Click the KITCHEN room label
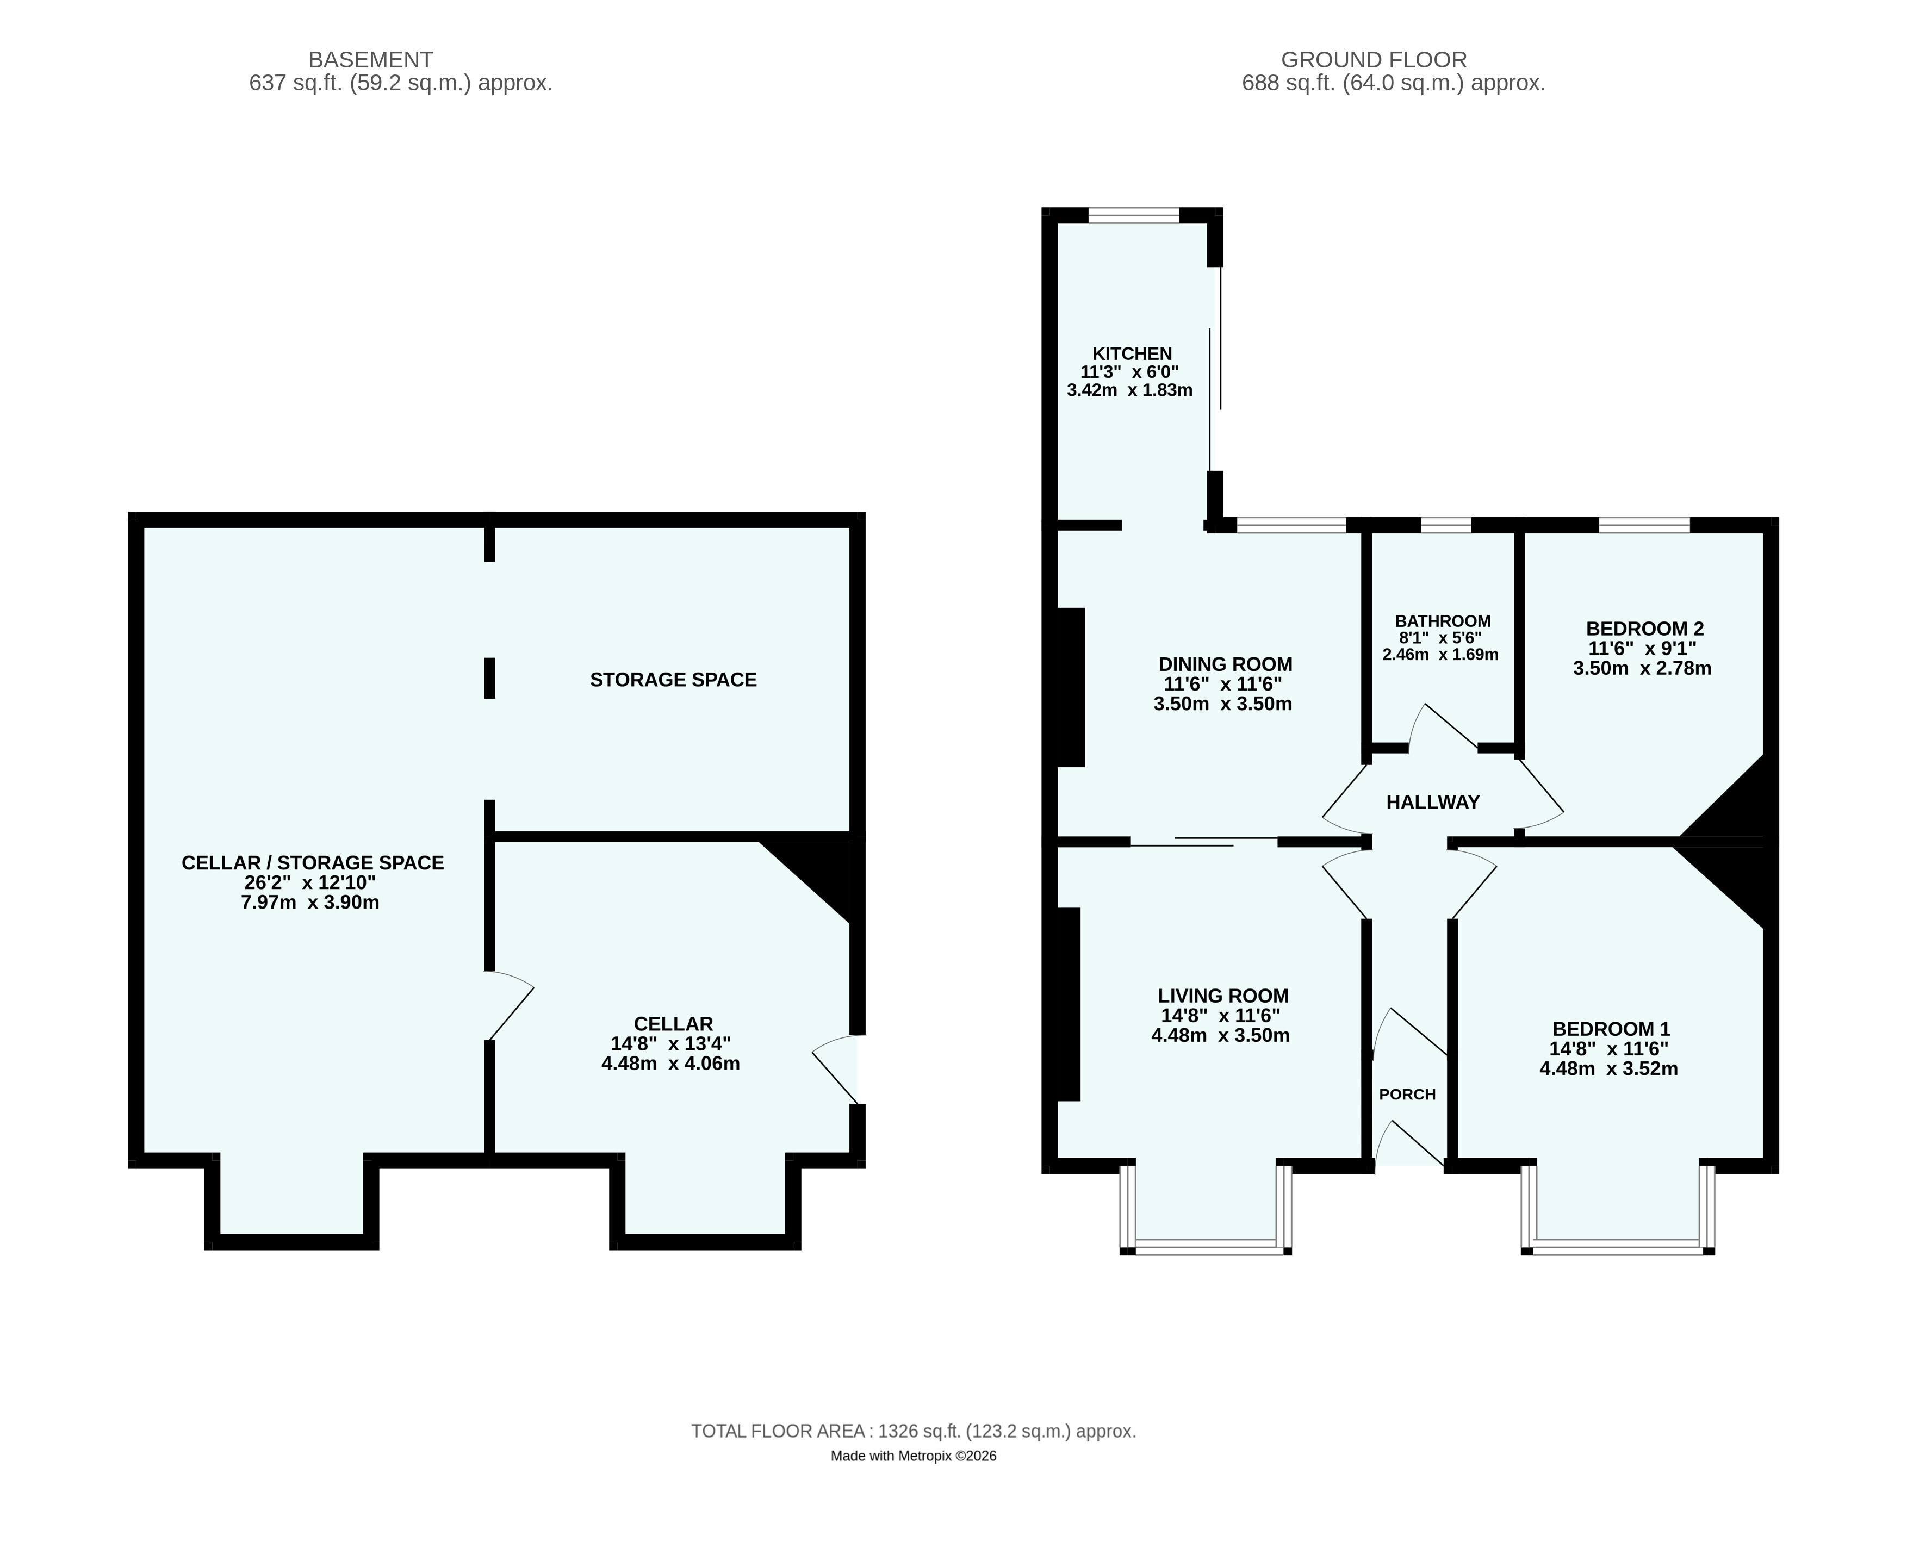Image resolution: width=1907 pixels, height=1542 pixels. click(x=1132, y=353)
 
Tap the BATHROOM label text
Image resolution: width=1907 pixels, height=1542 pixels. click(x=1443, y=621)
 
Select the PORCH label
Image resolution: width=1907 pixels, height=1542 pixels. click(x=1407, y=1095)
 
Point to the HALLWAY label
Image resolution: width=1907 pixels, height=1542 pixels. click(x=1433, y=802)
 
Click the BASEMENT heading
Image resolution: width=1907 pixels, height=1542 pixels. click(x=370, y=59)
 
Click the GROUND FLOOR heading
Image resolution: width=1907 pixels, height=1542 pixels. click(x=1373, y=59)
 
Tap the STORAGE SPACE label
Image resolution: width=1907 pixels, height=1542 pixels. click(x=673, y=680)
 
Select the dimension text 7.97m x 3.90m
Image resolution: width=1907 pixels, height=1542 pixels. click(x=310, y=903)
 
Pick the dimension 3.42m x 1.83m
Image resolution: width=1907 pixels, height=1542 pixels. click(x=1129, y=390)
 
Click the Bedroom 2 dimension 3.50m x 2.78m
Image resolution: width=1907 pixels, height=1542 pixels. click(x=1642, y=668)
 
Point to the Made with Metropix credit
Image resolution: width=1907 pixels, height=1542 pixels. click(x=913, y=1456)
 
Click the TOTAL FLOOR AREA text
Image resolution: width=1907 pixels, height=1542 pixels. click(x=913, y=1431)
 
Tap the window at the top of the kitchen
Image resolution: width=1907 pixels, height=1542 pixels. click(x=1133, y=215)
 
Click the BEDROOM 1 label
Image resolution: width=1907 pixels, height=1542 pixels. click(x=1611, y=1029)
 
